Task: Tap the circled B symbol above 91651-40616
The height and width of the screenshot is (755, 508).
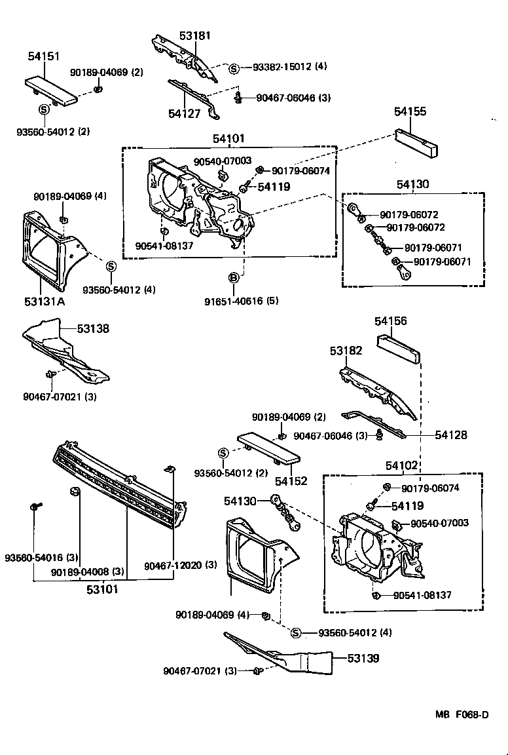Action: click(233, 279)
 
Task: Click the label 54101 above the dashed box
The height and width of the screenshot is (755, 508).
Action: click(228, 138)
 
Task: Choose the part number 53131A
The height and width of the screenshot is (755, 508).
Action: click(45, 301)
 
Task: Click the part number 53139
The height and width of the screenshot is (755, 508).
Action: click(363, 657)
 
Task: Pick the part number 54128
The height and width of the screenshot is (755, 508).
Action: click(452, 435)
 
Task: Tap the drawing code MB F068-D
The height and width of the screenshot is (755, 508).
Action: click(462, 714)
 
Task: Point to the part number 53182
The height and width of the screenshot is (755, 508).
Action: click(346, 351)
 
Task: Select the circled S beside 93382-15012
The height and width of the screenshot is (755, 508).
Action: click(234, 68)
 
